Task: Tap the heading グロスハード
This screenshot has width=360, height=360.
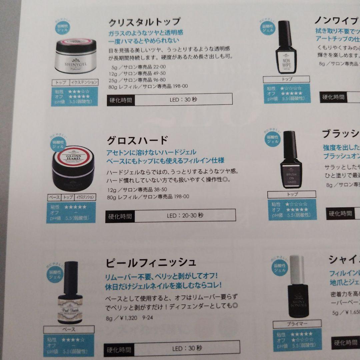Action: point(137,140)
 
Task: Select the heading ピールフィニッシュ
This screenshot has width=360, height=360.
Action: point(151,263)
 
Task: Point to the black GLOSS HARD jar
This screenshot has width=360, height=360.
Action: point(73,173)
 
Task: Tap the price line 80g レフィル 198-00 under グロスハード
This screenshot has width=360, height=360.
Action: point(148,197)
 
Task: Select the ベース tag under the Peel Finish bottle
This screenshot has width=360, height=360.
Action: point(69,329)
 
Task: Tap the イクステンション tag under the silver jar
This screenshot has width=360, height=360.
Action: point(86,82)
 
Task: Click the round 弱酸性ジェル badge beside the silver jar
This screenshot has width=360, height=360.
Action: point(62,27)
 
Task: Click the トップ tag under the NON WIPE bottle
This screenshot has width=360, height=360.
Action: point(286,79)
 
